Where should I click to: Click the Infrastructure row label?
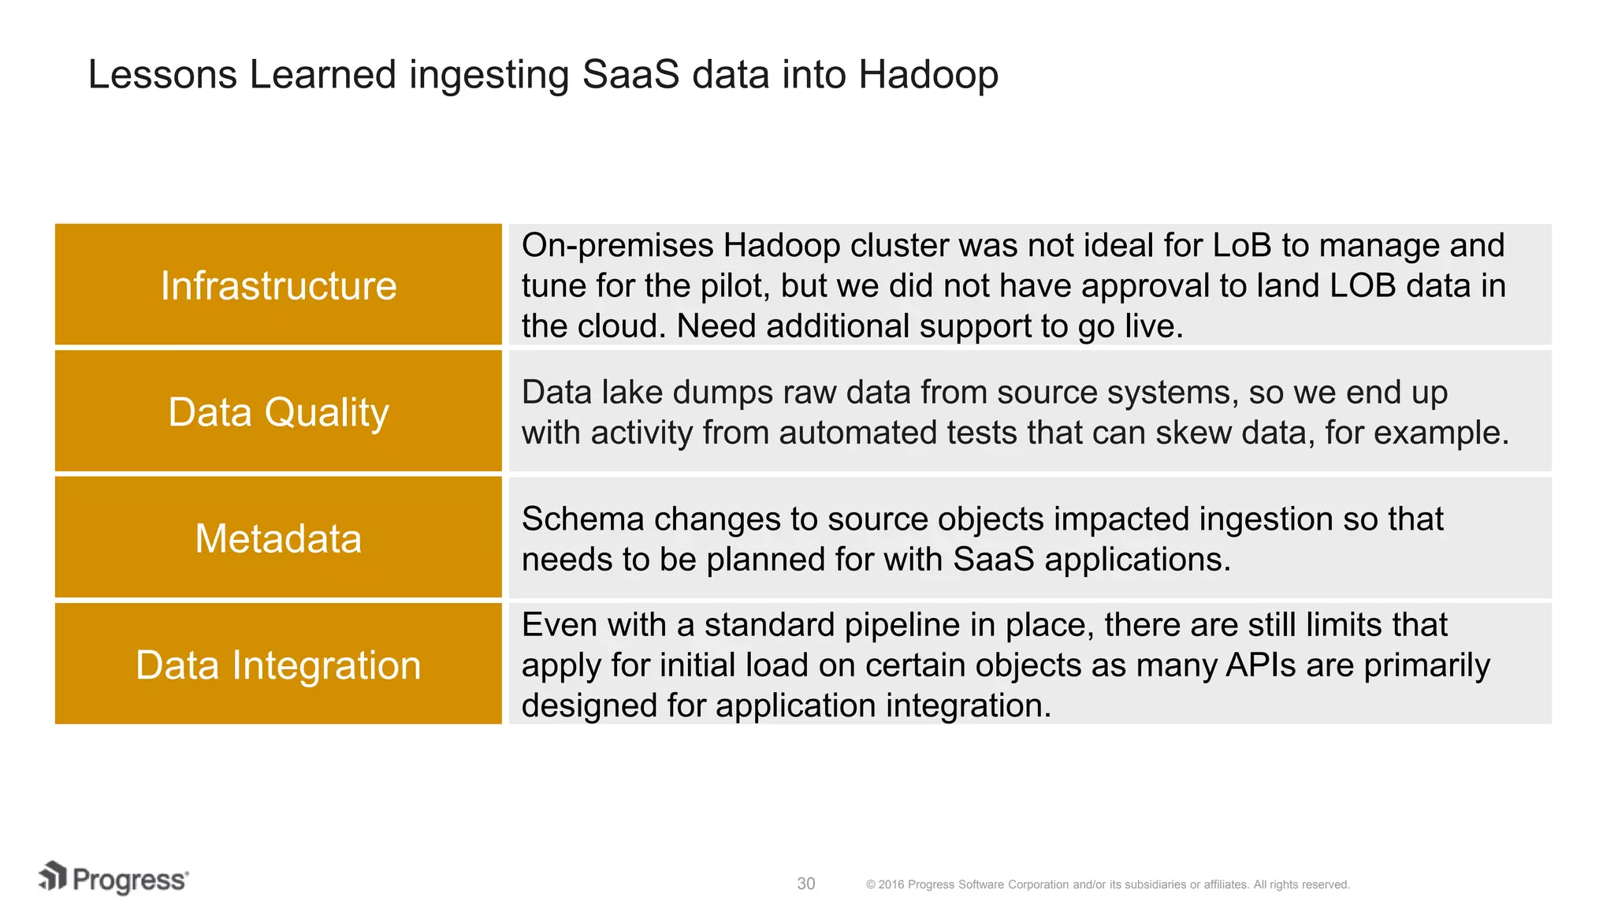[x=278, y=285]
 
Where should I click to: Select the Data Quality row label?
[x=278, y=412]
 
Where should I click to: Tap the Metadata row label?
[x=278, y=539]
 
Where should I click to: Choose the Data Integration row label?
[x=278, y=665]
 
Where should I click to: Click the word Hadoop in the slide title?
[x=928, y=75]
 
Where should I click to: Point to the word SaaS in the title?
[x=630, y=75]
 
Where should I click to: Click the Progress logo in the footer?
[x=114, y=879]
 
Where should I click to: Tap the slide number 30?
[x=805, y=884]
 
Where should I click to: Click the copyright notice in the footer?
[x=1107, y=884]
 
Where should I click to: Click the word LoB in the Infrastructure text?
[x=1242, y=246]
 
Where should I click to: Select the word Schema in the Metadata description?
[x=582, y=519]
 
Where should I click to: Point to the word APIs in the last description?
[x=1260, y=665]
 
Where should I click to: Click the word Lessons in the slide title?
[x=162, y=75]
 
